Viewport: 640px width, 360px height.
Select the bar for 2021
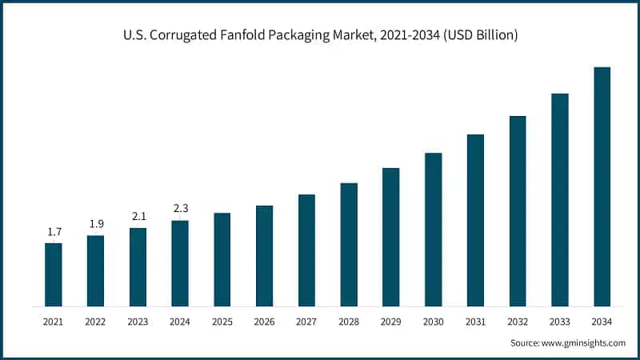[x=54, y=274]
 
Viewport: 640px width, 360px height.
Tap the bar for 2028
[x=349, y=244]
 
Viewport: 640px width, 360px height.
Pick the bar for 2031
[x=475, y=220]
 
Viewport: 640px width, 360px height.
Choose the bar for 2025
[x=222, y=259]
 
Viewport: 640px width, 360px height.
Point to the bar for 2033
[x=559, y=200]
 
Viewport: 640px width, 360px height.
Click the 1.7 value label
[x=54, y=232]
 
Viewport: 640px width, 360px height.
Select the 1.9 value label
[x=95, y=224]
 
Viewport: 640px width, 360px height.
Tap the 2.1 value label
[x=138, y=217]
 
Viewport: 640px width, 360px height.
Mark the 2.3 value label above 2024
[x=180, y=210]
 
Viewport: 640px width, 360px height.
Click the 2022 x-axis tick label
[x=95, y=322]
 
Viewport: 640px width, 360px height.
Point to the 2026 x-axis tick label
[x=264, y=322]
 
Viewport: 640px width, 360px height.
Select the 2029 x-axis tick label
[x=391, y=322]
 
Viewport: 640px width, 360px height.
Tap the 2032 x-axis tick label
[x=518, y=322]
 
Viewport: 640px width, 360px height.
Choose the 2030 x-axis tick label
[x=433, y=322]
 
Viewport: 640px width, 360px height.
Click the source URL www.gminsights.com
[x=582, y=342]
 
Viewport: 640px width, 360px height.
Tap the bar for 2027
[x=306, y=250]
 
